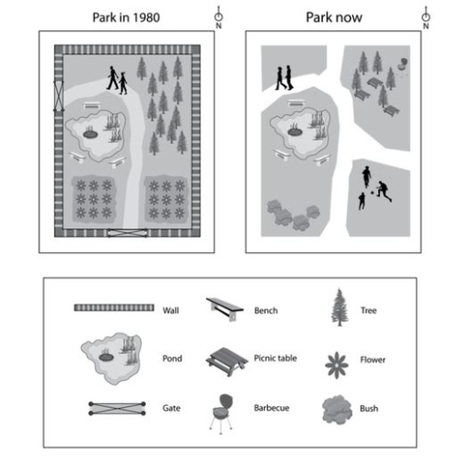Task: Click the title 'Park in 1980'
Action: click(x=128, y=17)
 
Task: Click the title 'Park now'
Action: click(x=333, y=17)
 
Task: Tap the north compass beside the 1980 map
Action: click(x=218, y=18)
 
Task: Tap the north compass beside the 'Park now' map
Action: click(x=426, y=18)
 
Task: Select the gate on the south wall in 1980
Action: click(x=126, y=233)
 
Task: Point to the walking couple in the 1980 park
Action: click(x=118, y=80)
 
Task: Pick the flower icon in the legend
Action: click(x=337, y=361)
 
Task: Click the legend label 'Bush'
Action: click(x=371, y=408)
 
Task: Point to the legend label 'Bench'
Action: click(x=266, y=311)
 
